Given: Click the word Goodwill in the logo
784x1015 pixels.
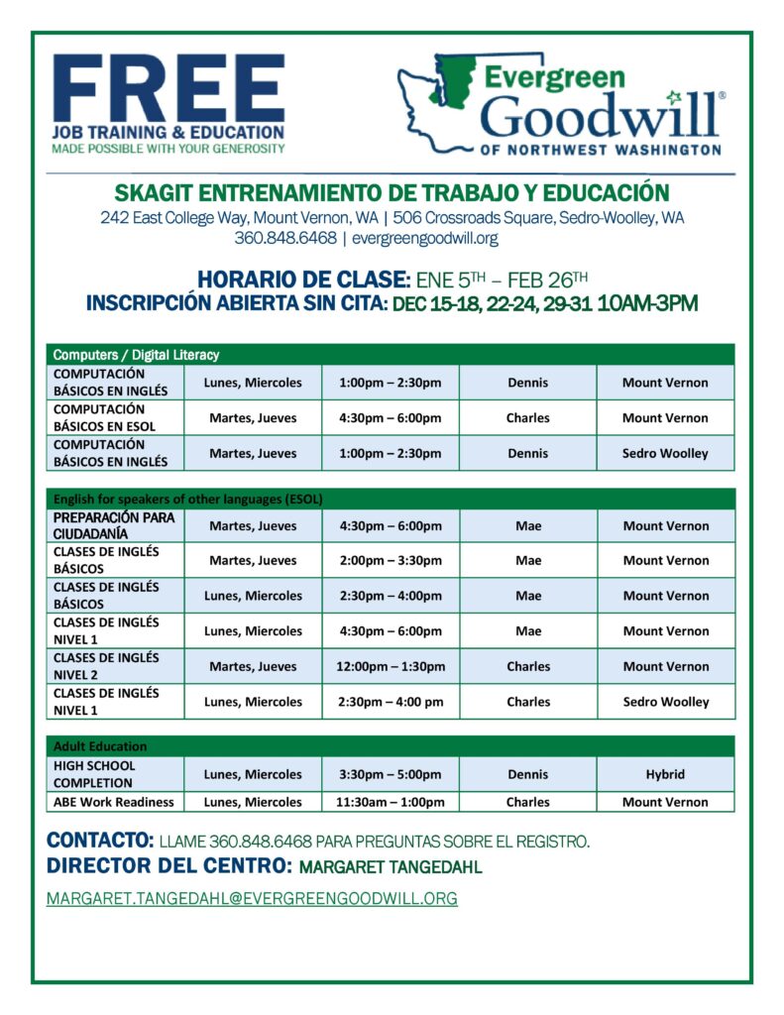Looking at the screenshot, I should (x=601, y=116).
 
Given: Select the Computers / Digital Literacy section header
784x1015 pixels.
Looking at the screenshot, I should (x=136, y=354).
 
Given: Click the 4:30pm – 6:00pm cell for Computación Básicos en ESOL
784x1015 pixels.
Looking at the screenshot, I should (x=391, y=418).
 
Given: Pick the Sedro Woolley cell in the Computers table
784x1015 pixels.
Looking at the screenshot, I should (x=665, y=453).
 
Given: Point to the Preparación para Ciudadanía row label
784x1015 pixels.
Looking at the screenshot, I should (x=114, y=525).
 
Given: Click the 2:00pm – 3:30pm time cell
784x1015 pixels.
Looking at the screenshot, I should (x=391, y=560).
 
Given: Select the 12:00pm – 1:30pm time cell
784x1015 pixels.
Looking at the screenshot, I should (x=390, y=666).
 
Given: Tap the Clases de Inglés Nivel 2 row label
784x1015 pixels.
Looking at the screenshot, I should (x=106, y=666).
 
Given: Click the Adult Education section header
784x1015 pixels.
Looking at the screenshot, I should (x=100, y=745).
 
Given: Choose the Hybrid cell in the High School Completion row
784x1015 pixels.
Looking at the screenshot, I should (x=665, y=774).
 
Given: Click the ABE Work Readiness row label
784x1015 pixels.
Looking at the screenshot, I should (x=114, y=802).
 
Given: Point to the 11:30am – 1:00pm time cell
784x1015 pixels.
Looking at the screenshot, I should (x=391, y=802).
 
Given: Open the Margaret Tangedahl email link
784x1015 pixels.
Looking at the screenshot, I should (x=252, y=899).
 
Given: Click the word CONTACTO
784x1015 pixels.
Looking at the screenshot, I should (x=99, y=841).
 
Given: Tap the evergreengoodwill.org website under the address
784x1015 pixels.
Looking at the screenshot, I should (x=424, y=238).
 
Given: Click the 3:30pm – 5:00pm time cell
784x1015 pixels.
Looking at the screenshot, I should (x=391, y=774).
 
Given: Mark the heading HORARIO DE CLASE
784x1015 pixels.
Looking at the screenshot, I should (x=302, y=279).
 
